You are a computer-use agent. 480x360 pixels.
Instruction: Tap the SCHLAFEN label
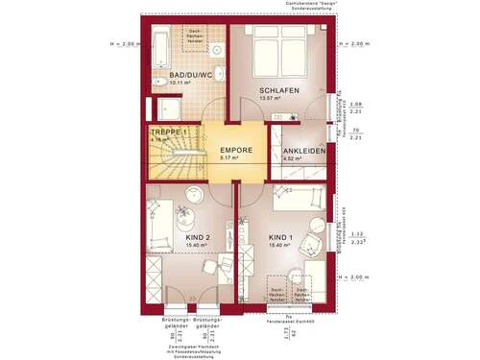tap(280, 90)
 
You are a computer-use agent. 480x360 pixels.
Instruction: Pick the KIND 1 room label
tap(279, 235)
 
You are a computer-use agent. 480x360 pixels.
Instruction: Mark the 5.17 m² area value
tap(230, 159)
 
